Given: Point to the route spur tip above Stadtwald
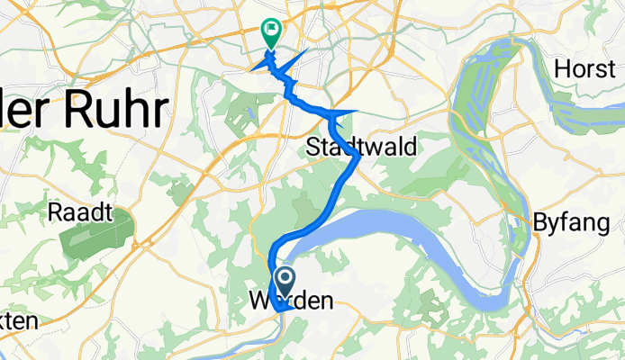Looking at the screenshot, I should click(x=358, y=111).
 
